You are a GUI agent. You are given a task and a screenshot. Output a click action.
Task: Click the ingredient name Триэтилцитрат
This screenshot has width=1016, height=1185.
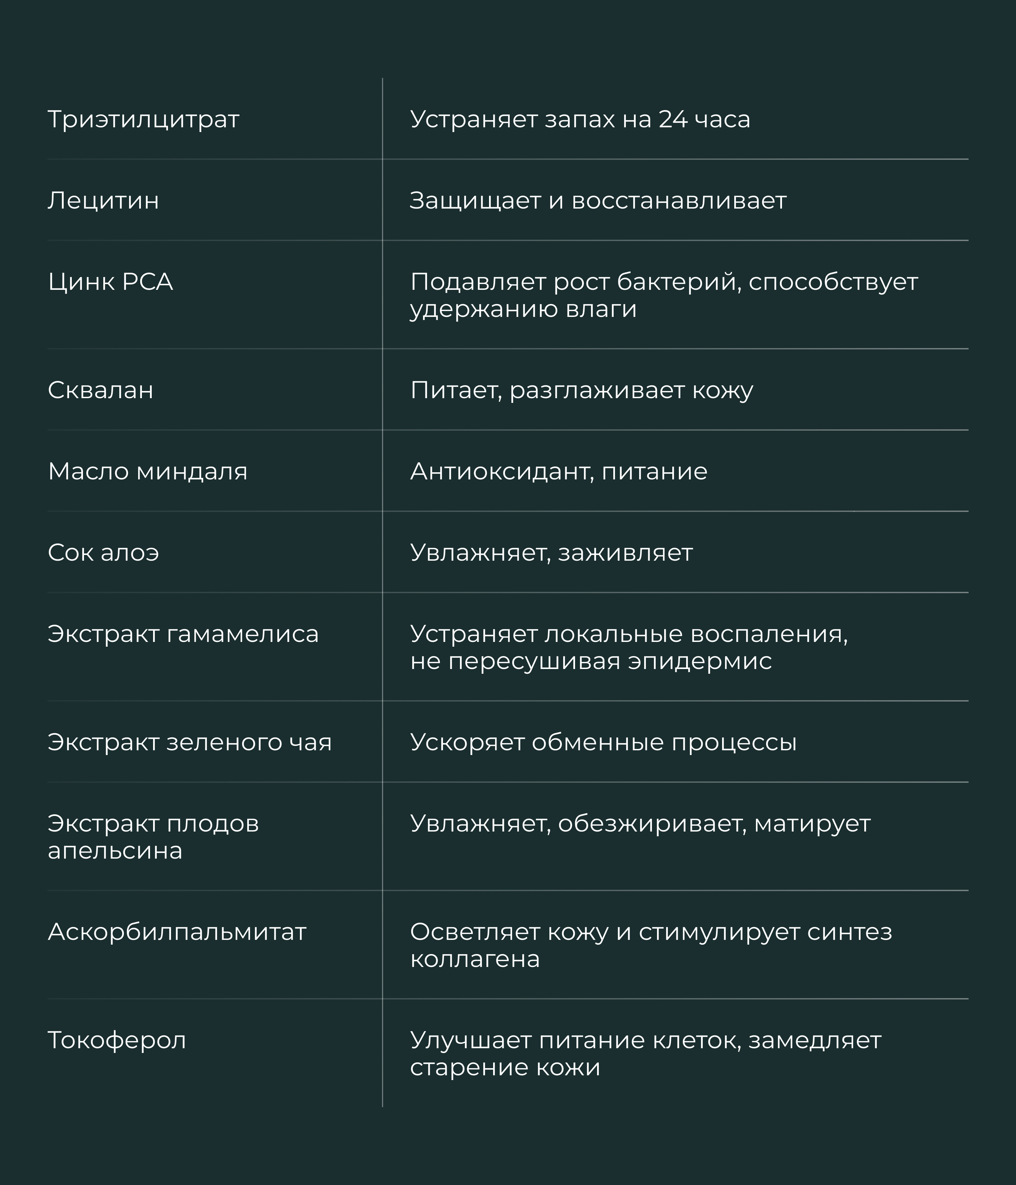click(143, 120)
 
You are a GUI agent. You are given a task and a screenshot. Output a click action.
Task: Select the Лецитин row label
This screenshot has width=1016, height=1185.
click(103, 201)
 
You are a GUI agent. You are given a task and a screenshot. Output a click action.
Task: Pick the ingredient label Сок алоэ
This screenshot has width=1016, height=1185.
click(103, 553)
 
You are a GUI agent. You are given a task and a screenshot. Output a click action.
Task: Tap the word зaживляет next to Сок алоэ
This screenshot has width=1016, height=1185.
click(625, 553)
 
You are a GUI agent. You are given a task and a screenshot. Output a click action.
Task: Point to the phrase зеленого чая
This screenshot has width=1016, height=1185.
click(249, 742)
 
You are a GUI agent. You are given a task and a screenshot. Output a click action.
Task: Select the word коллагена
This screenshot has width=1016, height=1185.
click(475, 960)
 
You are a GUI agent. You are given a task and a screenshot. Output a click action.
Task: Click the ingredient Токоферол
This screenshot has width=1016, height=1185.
click(117, 1040)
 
